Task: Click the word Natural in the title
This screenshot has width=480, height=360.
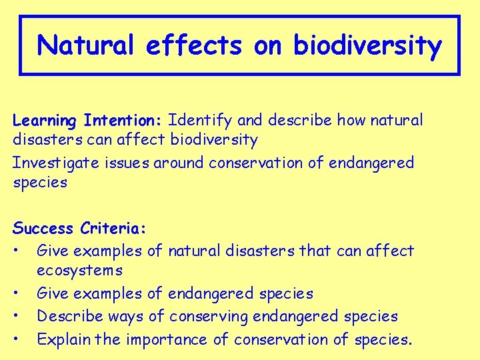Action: (86, 45)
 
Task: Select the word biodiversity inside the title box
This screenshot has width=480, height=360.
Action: (367, 45)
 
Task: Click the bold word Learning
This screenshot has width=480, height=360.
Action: (45, 121)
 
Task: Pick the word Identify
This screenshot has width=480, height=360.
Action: (200, 121)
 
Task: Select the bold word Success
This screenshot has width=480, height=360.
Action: (43, 229)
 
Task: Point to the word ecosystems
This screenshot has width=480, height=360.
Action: (79, 271)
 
